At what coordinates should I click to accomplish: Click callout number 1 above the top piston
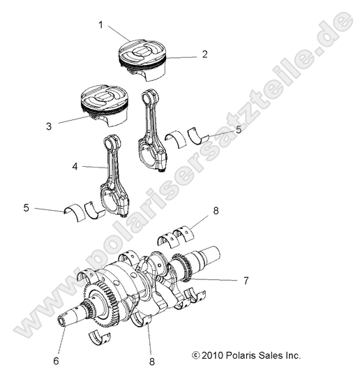(101, 25)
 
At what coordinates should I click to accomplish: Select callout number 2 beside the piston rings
(205, 54)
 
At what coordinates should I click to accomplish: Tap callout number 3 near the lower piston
(49, 126)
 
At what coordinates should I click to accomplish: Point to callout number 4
(75, 168)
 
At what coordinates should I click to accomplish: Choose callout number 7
(246, 281)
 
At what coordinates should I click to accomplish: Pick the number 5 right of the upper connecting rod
(239, 129)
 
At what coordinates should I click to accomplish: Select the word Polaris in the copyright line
(243, 355)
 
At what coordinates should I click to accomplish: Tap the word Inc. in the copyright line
(292, 355)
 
